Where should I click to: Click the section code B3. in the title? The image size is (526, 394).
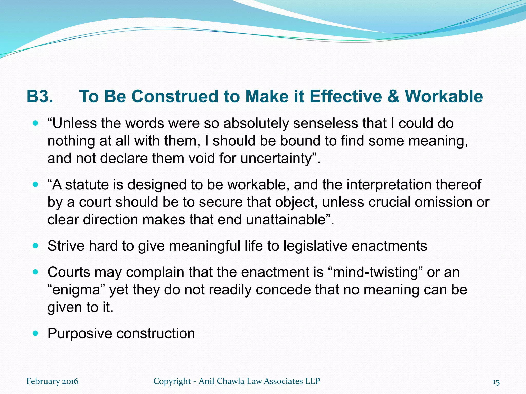40,96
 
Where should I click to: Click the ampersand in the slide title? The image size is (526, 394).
393,96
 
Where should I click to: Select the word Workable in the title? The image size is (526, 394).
444,96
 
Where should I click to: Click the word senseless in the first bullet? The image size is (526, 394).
325,123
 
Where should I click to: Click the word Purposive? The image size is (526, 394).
80,333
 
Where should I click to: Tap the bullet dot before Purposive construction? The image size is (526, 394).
36,333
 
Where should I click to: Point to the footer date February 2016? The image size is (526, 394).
52,381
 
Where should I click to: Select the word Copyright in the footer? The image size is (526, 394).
172,381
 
